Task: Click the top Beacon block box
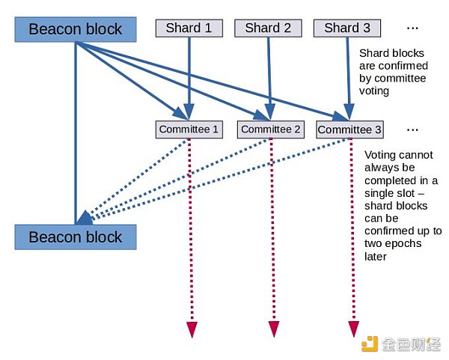(x=76, y=29)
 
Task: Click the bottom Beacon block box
(x=76, y=237)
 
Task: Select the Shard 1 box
(x=189, y=28)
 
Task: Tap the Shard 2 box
(x=268, y=28)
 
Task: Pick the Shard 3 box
(x=347, y=28)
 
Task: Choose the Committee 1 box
(x=189, y=129)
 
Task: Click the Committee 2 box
(x=271, y=129)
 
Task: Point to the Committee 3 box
(x=349, y=129)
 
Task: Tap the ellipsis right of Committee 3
(x=412, y=129)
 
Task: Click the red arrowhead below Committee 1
(x=192, y=329)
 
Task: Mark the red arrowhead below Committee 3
(x=353, y=329)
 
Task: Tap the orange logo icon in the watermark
(x=370, y=344)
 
